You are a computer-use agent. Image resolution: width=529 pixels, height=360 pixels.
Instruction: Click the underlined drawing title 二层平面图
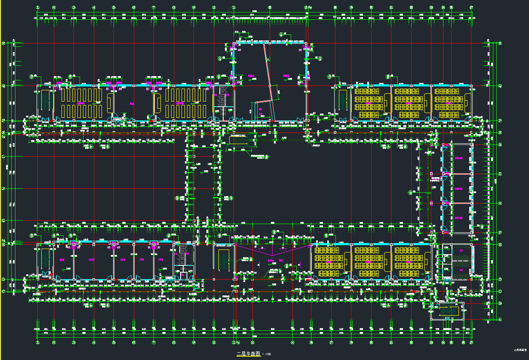click(x=249, y=354)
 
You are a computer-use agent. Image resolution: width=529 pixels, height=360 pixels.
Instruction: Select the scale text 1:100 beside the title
click(x=267, y=354)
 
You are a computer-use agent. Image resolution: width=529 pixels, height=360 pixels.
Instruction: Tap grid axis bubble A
click(x=500, y=320)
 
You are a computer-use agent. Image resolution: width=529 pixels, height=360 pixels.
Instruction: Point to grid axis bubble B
click(x=500, y=304)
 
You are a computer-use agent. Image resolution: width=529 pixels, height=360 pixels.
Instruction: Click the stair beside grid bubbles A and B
click(x=447, y=311)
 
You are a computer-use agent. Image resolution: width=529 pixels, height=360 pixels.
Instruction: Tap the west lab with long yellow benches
click(x=81, y=103)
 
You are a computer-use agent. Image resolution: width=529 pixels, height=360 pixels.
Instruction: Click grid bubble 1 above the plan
click(x=38, y=7)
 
